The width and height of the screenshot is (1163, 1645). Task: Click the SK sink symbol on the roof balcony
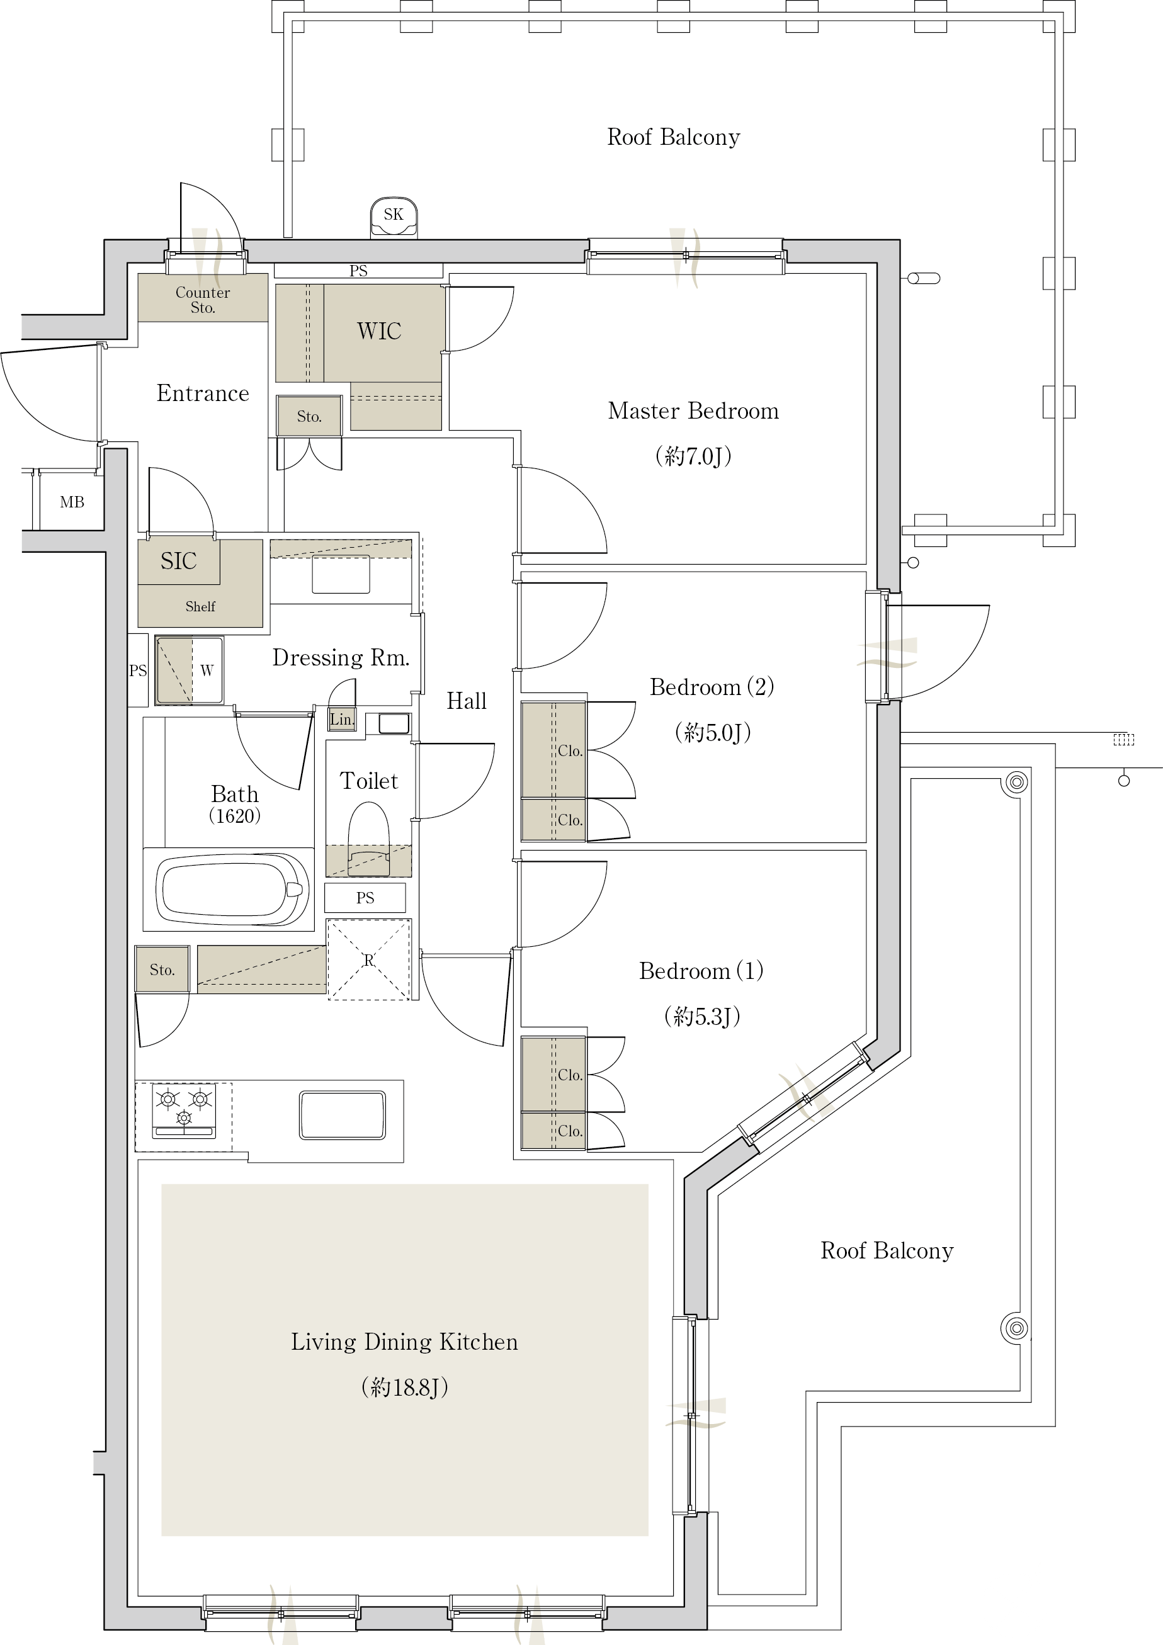click(394, 218)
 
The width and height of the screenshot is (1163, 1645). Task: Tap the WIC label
click(379, 331)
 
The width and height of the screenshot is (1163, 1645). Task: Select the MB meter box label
click(72, 502)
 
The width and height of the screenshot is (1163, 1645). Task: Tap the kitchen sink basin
click(343, 1115)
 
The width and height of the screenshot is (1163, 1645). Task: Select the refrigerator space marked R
click(369, 959)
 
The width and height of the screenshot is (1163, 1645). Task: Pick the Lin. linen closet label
click(342, 720)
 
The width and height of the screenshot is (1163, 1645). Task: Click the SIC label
click(178, 560)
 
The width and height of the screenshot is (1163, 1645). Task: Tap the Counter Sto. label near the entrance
click(203, 300)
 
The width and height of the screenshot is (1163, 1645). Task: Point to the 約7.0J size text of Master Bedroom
click(693, 456)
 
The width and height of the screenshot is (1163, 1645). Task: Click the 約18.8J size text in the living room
click(405, 1388)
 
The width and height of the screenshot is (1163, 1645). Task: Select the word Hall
click(467, 701)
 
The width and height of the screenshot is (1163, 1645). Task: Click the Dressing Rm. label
click(341, 658)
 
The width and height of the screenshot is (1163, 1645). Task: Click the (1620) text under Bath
click(234, 815)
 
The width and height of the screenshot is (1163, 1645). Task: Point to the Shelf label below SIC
click(200, 606)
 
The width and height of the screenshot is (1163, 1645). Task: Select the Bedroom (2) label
click(712, 686)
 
